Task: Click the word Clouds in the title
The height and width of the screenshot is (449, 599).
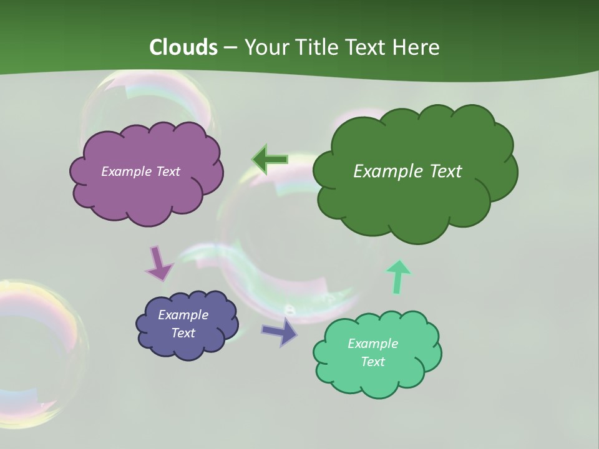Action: pos(183,47)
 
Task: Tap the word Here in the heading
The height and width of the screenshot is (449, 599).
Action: pos(417,47)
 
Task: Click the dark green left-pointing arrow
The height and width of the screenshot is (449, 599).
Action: pos(270,160)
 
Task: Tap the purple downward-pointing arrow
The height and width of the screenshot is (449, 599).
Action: pos(158,263)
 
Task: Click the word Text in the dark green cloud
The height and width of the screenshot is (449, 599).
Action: pos(441,171)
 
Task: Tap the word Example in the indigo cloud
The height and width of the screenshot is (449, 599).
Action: pos(183,315)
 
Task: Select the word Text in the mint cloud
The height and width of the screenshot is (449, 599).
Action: pos(373,362)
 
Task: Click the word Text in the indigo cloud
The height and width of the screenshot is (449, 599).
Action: pos(183,333)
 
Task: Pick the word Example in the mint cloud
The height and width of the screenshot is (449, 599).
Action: pos(373,344)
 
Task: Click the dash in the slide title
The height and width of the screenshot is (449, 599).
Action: pos(230,48)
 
